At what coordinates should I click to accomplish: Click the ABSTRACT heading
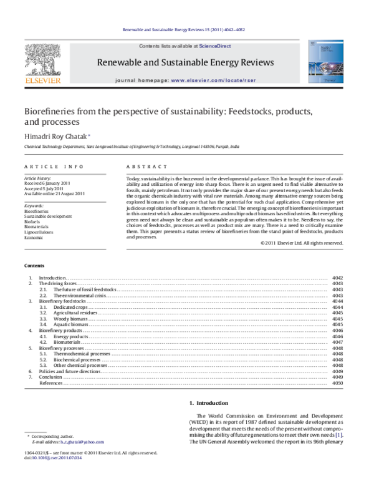click(146, 167)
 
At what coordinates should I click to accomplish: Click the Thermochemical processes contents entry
click(82, 354)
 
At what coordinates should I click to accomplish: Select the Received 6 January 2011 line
click(50, 183)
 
